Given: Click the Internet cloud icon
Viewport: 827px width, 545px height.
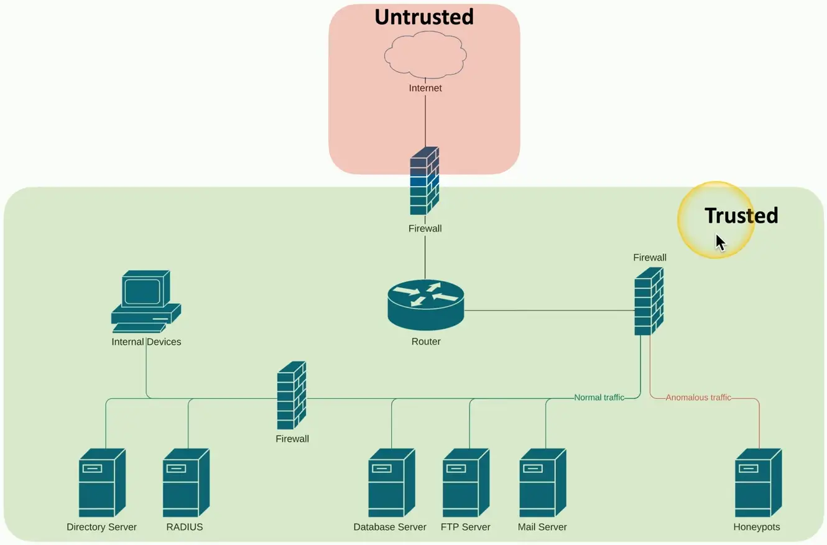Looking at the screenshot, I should pyautogui.click(x=425, y=56).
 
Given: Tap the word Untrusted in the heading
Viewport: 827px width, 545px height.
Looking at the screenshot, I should pyautogui.click(x=424, y=17).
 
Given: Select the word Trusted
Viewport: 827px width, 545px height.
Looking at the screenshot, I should pyautogui.click(x=741, y=215).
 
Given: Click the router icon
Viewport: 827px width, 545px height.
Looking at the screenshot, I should pyautogui.click(x=426, y=304).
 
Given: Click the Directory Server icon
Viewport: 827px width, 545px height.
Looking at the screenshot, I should pyautogui.click(x=102, y=483).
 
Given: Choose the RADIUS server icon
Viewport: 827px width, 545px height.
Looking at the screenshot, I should pyautogui.click(x=185, y=483).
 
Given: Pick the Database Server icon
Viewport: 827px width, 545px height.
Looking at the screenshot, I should pyautogui.click(x=390, y=483).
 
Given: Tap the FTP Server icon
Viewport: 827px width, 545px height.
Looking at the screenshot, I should pyautogui.click(x=465, y=483).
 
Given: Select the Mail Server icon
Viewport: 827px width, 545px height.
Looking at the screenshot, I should pyautogui.click(x=542, y=483).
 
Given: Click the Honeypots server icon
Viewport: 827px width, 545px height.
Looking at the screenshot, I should pyautogui.click(x=757, y=483).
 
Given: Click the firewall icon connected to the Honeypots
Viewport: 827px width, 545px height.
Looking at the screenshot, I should pyautogui.click(x=649, y=301).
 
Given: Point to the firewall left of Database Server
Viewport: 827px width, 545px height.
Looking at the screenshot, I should pyautogui.click(x=292, y=396).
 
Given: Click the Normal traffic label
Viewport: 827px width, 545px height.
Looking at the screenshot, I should pyautogui.click(x=599, y=398).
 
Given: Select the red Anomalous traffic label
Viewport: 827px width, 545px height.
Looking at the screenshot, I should pyautogui.click(x=698, y=398).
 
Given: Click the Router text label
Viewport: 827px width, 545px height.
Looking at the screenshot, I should pyautogui.click(x=426, y=342).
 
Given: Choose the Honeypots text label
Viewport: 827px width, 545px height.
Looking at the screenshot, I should pyautogui.click(x=757, y=527).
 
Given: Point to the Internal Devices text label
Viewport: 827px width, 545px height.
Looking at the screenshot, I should pyautogui.click(x=146, y=342).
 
